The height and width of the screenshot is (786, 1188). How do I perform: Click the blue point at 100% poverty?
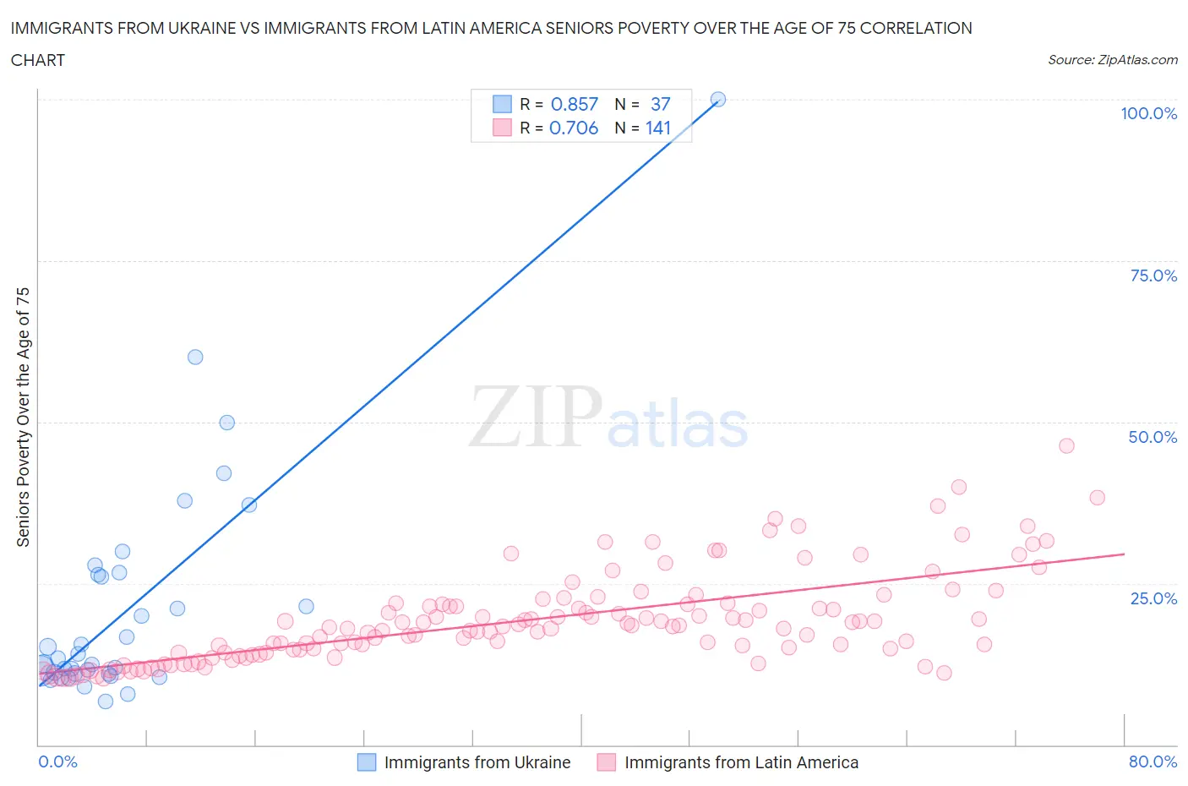pyautogui.click(x=717, y=99)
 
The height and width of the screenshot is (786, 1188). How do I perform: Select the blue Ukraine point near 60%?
pyautogui.click(x=195, y=357)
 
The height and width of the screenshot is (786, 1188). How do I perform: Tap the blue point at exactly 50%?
pyautogui.click(x=226, y=423)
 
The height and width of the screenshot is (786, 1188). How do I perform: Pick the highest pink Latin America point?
pyautogui.click(x=1066, y=445)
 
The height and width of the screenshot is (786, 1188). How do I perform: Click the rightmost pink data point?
pyautogui.click(x=1097, y=497)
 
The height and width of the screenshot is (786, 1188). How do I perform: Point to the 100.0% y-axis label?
pyautogui.click(x=1148, y=113)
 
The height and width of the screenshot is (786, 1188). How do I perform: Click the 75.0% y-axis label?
pyautogui.click(x=1153, y=276)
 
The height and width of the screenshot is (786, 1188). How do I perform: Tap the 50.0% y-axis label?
pyautogui.click(x=1153, y=437)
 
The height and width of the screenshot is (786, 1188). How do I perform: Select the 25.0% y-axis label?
pyautogui.click(x=1153, y=598)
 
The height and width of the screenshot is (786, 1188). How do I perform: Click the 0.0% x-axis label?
pyautogui.click(x=57, y=761)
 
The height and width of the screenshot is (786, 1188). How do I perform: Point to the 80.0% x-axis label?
pyautogui.click(x=1153, y=761)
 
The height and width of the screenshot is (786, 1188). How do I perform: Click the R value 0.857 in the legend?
pyautogui.click(x=575, y=104)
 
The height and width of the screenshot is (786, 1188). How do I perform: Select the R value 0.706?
pyautogui.click(x=574, y=128)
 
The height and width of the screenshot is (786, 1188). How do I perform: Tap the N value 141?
pyautogui.click(x=658, y=128)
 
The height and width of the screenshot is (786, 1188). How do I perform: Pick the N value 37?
pyautogui.click(x=660, y=104)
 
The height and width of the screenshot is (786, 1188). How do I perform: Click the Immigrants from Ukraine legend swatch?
pyautogui.click(x=367, y=762)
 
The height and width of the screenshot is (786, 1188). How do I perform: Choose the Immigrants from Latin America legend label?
pyautogui.click(x=741, y=762)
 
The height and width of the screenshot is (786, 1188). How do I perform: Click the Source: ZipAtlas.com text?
pyautogui.click(x=1112, y=59)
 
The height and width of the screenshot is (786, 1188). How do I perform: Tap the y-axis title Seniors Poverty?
pyautogui.click(x=23, y=417)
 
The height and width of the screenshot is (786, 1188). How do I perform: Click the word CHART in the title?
pyautogui.click(x=38, y=60)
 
